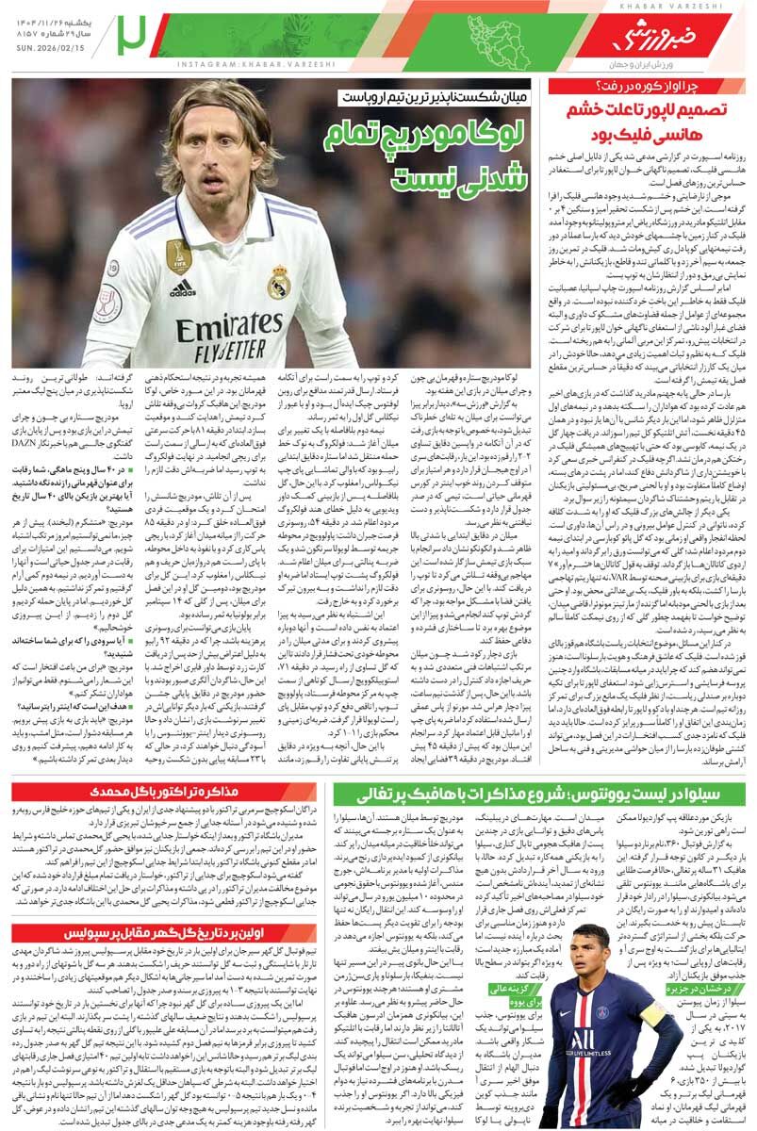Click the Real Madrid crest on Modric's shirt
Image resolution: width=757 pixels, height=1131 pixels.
[x=276, y=281]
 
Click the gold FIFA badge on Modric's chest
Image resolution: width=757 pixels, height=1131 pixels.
[x=178, y=254]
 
